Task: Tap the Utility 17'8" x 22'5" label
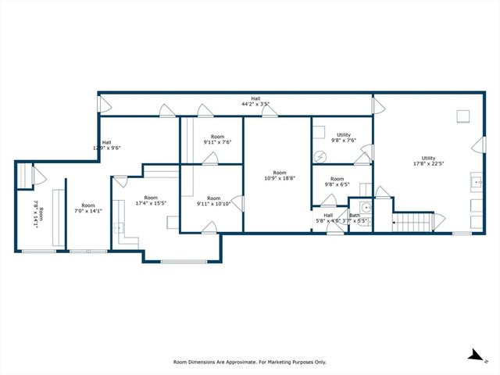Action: coord(429,161)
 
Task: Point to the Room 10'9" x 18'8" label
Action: coord(279,176)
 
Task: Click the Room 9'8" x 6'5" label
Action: coord(337,182)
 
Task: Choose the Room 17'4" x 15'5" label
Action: coord(151,201)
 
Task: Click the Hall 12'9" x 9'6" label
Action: coord(106,145)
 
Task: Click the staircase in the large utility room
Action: coord(412,223)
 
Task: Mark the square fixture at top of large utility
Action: coord(463,116)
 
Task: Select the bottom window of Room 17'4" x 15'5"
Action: coord(181,261)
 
